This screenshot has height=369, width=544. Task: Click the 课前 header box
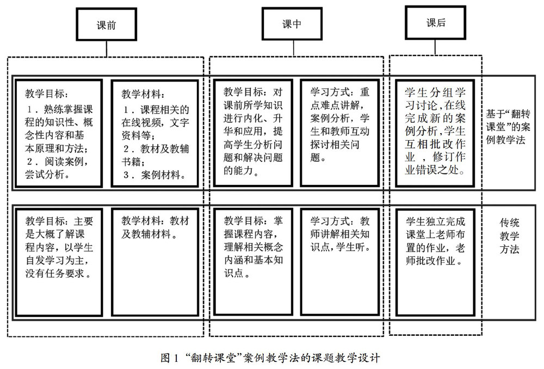[107, 25]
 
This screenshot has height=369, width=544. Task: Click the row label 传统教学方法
[509, 236]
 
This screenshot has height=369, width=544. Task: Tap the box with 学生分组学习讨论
[436, 134]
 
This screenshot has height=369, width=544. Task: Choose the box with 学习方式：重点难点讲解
[340, 134]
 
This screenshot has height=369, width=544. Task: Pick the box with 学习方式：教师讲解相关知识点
[340, 261]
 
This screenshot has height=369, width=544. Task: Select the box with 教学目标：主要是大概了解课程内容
[58, 261]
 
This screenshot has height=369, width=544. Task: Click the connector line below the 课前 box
[107, 48]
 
